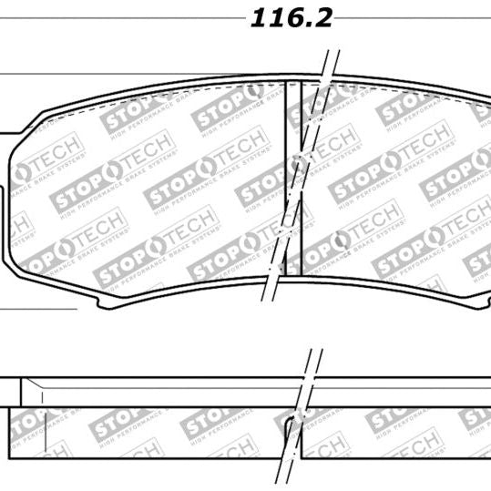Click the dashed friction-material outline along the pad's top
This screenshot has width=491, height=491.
pyautogui.click(x=182, y=88)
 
